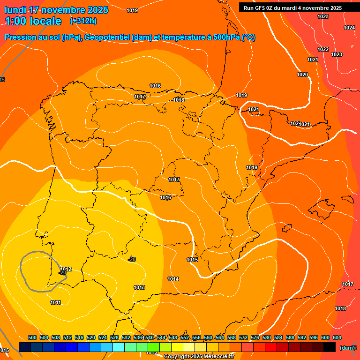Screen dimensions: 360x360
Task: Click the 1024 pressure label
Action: point(349,28)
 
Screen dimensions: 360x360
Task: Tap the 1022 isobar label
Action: point(323,49)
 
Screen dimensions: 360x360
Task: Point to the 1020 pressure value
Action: point(302,75)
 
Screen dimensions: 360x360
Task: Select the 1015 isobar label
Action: point(192,260)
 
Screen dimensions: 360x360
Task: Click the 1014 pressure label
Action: point(173,279)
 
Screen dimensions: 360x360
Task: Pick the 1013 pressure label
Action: point(139,287)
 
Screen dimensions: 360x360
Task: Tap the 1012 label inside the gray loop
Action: point(66,269)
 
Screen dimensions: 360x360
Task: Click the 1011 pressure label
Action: point(55,302)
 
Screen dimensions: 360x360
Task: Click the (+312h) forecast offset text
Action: point(83,21)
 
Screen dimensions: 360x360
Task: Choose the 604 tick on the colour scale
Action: point(337,337)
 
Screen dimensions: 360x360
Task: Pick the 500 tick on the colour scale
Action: point(32,337)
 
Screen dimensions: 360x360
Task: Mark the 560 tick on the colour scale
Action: point(208,337)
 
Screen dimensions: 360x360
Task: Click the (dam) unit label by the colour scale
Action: point(347,347)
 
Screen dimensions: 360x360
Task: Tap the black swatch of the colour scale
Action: point(330,347)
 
